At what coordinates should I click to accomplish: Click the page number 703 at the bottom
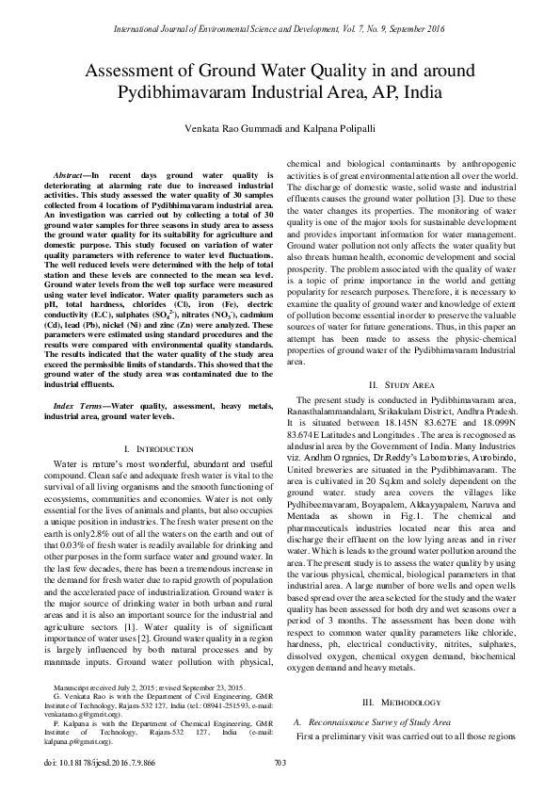point(280,762)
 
